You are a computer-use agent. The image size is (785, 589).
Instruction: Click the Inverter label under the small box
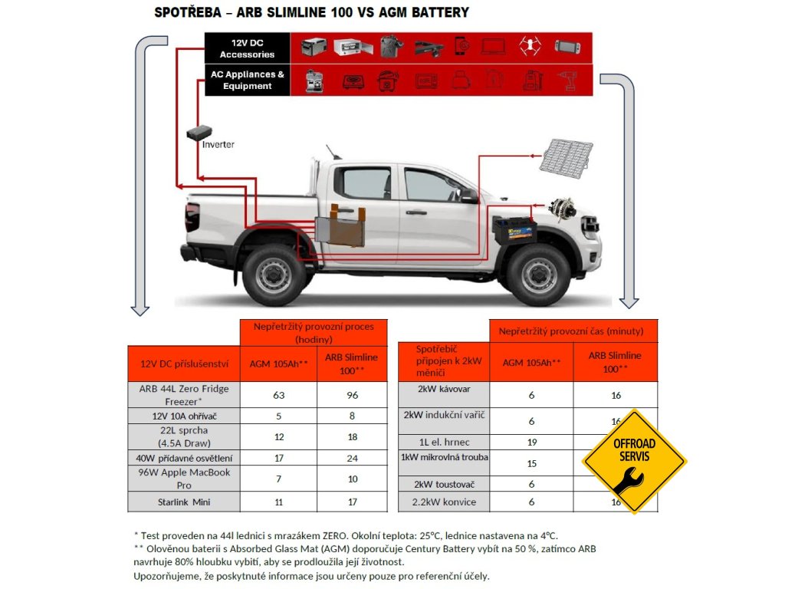click(x=218, y=144)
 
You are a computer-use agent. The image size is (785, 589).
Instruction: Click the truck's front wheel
click(x=537, y=275)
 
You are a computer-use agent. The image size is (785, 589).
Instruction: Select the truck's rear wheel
click(x=274, y=275)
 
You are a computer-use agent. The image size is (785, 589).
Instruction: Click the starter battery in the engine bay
click(x=514, y=230)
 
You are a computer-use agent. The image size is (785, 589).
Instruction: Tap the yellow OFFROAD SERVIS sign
click(x=634, y=461)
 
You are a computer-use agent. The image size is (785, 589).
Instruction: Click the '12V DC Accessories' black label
click(x=247, y=48)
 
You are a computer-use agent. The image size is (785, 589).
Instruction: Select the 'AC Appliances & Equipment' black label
click(x=247, y=81)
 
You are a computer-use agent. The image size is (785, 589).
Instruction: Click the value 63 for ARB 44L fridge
click(x=278, y=395)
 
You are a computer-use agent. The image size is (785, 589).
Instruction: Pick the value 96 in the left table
click(x=352, y=395)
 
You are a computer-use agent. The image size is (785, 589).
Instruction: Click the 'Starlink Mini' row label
click(x=184, y=502)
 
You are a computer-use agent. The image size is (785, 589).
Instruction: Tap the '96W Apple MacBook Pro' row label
click(x=184, y=479)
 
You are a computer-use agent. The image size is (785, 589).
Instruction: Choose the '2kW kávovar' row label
click(x=444, y=390)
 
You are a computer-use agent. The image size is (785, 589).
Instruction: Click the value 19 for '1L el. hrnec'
click(x=531, y=442)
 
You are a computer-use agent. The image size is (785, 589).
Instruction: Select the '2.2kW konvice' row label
click(x=444, y=502)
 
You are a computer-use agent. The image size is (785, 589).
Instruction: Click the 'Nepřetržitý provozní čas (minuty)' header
click(x=573, y=331)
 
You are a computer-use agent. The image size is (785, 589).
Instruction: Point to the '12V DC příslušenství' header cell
click(x=184, y=364)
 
